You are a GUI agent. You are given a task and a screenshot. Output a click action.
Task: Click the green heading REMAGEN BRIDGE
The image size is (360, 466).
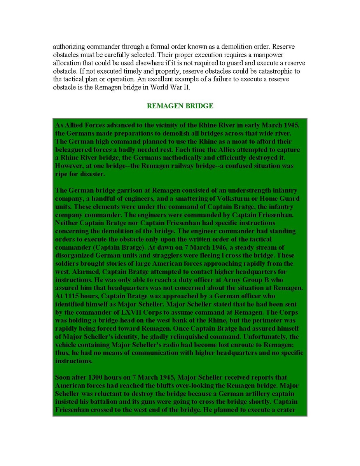[x=180, y=106]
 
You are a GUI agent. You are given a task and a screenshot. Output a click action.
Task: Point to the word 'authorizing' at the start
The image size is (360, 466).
[x=68, y=47]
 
